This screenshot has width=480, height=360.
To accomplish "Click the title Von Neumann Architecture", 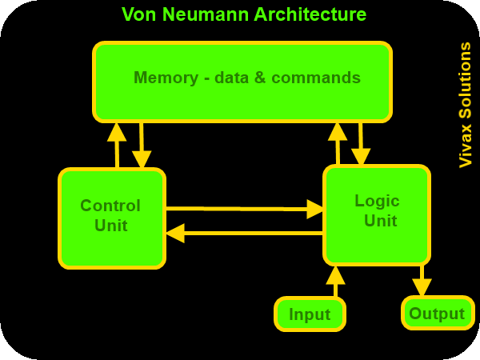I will (244, 14).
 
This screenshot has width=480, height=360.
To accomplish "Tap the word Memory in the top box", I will (166, 78).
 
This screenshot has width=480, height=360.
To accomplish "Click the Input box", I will (310, 314).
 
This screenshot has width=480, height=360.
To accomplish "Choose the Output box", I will (437, 313).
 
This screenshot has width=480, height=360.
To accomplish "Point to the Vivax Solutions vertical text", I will (465, 105).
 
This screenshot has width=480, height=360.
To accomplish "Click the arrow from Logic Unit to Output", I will (422, 281).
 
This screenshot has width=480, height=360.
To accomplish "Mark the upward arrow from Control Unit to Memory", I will (117, 145).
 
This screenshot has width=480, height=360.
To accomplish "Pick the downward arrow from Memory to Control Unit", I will (142, 145).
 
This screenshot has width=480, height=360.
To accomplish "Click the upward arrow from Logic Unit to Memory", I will (338, 144).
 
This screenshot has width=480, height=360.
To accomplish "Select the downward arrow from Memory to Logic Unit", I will (361, 144).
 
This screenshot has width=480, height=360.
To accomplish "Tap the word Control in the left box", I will (110, 206).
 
